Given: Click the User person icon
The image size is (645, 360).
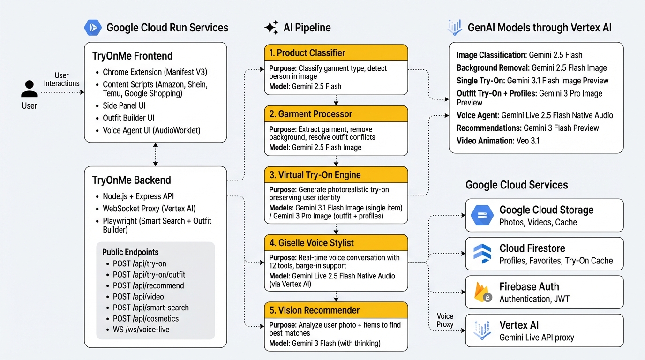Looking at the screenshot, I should [x=29, y=89].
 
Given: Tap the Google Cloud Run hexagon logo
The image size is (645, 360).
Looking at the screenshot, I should [x=92, y=28].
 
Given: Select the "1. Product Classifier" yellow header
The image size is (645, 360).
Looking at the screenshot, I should [x=336, y=53].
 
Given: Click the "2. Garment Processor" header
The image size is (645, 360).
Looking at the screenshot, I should [x=336, y=114].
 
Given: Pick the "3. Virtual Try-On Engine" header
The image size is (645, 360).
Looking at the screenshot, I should [x=336, y=175].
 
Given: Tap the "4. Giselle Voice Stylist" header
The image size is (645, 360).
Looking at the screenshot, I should [x=336, y=243].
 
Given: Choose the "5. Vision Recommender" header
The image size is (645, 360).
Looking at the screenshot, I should [x=336, y=310].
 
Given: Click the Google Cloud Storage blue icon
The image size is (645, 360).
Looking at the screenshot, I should [x=482, y=216].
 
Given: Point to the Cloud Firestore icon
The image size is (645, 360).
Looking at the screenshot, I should [x=482, y=254].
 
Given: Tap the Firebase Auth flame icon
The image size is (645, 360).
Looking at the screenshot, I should [x=482, y=292].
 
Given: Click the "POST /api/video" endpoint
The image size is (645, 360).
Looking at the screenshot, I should [x=138, y=297].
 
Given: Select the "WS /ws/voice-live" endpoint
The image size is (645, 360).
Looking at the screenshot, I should [x=141, y=330].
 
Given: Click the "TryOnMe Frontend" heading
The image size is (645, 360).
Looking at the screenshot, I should [x=133, y=56].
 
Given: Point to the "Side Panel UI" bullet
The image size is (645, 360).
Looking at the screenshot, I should [x=124, y=105].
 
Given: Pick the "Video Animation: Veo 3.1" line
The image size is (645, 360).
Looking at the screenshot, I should [x=498, y=140].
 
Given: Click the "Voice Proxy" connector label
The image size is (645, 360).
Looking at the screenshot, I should [x=445, y=320].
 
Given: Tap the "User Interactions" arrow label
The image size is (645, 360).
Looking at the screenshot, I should [x=61, y=79].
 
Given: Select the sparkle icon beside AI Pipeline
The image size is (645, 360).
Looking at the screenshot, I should [x=271, y=28].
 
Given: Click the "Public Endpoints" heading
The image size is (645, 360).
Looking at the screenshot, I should [x=130, y=252].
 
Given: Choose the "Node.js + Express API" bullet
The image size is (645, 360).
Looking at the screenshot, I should [x=138, y=196].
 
